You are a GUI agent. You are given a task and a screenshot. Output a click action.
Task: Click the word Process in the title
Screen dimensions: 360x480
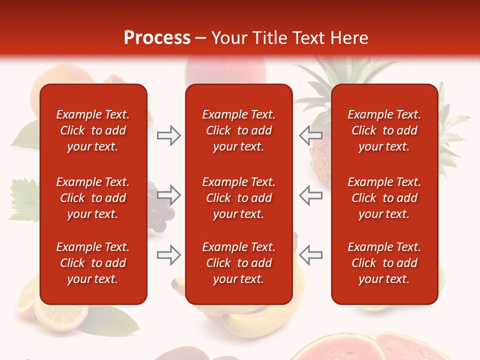[157, 38]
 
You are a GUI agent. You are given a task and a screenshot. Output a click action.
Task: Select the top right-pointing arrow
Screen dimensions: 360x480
[168, 135]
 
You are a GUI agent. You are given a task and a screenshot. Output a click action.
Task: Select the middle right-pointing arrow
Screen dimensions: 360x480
[168, 195]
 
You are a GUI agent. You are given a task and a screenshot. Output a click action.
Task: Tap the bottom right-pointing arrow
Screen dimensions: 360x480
[168, 255]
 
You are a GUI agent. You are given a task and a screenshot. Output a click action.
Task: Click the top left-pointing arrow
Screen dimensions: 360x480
[311, 135]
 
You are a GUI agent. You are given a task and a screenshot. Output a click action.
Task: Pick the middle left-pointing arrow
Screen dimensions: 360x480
[311, 195]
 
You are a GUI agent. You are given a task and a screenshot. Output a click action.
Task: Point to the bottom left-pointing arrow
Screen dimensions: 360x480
[311, 255]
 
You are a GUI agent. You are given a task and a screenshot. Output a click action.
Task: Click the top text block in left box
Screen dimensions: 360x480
[93, 130]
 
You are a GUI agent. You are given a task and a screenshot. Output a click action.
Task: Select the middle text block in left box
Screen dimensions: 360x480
[93, 198]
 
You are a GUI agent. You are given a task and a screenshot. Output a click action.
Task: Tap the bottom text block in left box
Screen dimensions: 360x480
[93, 263]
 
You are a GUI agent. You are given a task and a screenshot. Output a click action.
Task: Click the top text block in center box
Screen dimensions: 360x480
[238, 130]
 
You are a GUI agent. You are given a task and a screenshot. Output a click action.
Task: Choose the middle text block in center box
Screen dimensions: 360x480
[238, 198]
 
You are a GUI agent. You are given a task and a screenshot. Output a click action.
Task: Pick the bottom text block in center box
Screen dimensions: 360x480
[238, 263]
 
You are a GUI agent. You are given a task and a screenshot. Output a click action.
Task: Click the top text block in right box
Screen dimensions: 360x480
[384, 130]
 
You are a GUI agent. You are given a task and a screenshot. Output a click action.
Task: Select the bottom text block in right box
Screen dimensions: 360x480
[384, 263]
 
